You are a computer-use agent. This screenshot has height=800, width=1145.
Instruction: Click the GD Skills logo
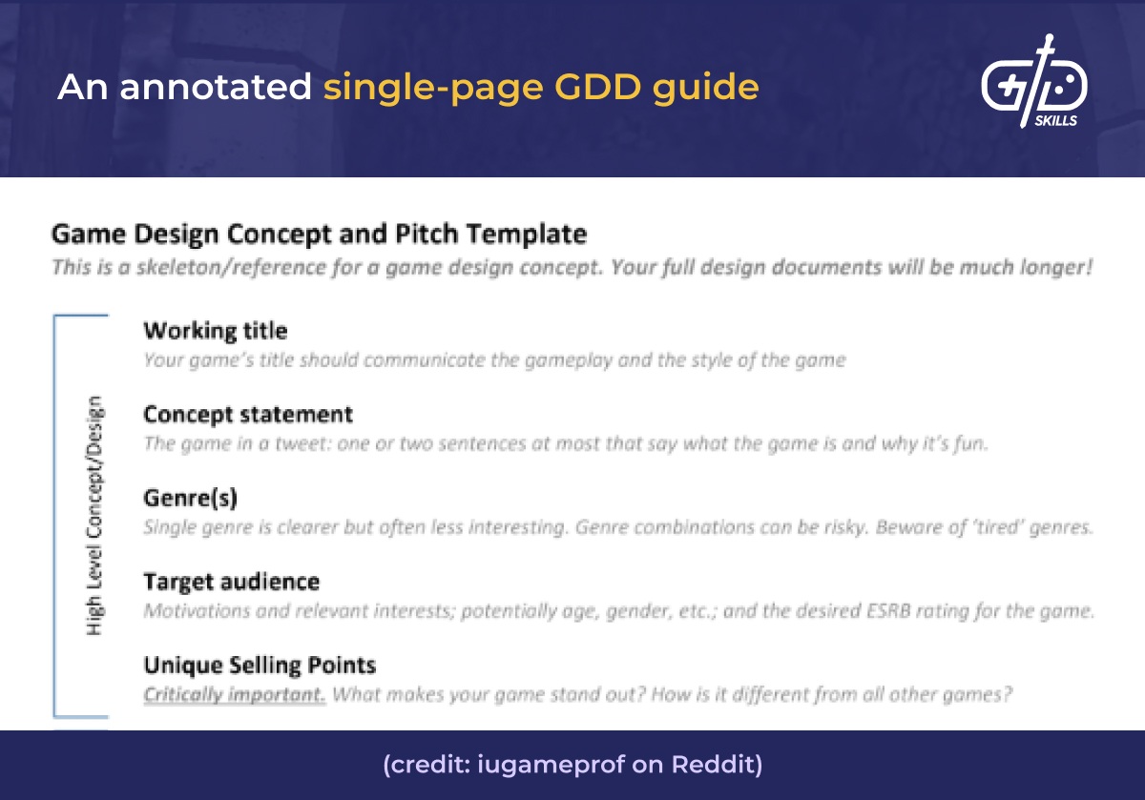tap(1034, 86)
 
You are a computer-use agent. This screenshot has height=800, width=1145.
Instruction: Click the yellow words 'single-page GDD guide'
tap(541, 88)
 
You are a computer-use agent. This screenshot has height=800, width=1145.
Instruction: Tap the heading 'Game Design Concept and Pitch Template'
tap(319, 234)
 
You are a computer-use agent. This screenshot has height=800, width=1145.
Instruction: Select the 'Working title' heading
tap(215, 331)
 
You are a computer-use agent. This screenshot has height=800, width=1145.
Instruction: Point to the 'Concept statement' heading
tap(248, 415)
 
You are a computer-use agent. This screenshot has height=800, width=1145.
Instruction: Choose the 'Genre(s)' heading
tap(190, 498)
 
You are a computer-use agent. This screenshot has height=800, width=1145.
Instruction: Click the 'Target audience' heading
tap(231, 582)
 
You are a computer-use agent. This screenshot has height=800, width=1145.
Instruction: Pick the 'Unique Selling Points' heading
tap(260, 665)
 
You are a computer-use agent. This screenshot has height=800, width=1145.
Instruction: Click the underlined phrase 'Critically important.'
tap(235, 695)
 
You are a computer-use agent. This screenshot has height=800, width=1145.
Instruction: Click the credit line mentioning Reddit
tap(572, 766)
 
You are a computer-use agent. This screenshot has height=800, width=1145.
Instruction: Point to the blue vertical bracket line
tap(54, 515)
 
